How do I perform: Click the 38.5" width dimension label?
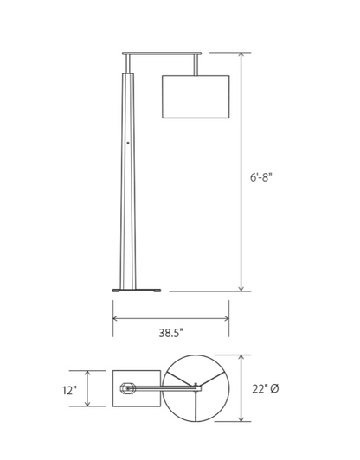coord(171,333)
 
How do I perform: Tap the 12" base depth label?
coord(69,391)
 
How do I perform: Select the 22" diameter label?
coord(266,389)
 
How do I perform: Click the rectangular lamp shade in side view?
coord(196,97)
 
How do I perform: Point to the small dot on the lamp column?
coord(128,144)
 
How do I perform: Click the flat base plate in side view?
coord(137,291)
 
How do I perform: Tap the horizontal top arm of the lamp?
coord(162,54)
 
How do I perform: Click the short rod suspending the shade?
coord(196,65)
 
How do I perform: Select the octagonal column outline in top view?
coord(127,388)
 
